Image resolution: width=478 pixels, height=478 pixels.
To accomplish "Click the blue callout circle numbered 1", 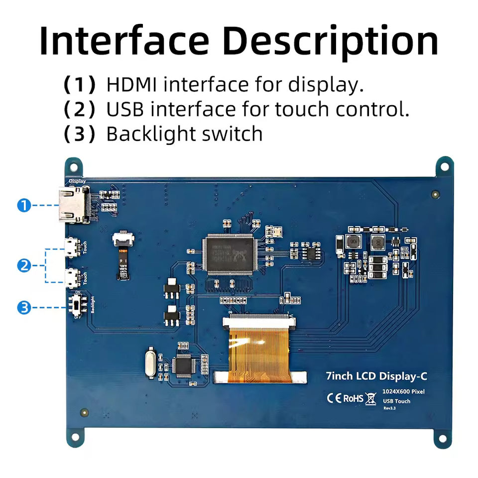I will pos(24,205).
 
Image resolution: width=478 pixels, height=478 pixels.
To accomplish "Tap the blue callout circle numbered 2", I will pos(24,266).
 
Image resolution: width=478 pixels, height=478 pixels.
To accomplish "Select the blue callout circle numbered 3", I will pos(24,308).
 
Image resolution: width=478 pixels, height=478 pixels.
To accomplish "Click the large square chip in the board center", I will pos(227,254).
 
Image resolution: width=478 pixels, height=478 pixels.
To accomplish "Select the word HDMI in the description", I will pos(132,85).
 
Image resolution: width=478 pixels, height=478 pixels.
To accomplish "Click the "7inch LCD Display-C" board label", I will pos(376,376).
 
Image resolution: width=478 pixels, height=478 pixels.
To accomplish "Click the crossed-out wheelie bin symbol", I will pos(370,398).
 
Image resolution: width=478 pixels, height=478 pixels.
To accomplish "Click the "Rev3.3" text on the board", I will pos(389,408).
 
